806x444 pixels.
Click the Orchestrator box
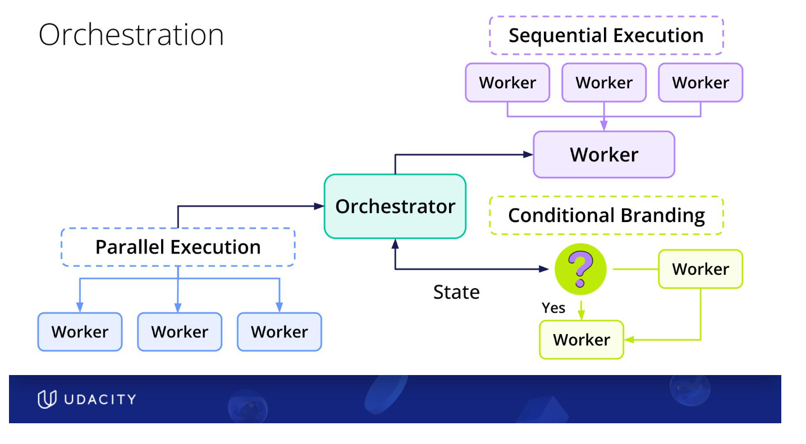(x=395, y=206)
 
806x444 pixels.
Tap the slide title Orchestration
(x=131, y=35)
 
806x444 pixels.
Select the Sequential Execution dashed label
(x=606, y=35)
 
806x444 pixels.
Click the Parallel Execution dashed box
(x=178, y=247)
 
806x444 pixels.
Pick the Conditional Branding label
(x=606, y=215)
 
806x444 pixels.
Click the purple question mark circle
(x=580, y=269)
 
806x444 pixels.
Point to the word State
(x=456, y=292)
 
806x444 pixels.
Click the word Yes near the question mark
(x=553, y=308)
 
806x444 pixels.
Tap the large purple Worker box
(x=604, y=155)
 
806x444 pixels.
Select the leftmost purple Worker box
(x=507, y=82)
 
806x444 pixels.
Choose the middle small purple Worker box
(x=604, y=82)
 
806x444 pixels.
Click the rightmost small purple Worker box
(x=700, y=82)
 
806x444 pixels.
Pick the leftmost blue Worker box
(x=80, y=332)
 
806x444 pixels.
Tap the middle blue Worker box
(x=180, y=332)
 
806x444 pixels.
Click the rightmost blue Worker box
(x=280, y=332)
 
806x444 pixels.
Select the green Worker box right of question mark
(x=700, y=269)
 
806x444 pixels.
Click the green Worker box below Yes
(x=581, y=340)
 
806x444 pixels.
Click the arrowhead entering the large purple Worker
(x=528, y=155)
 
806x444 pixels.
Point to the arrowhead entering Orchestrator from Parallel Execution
(x=320, y=206)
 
